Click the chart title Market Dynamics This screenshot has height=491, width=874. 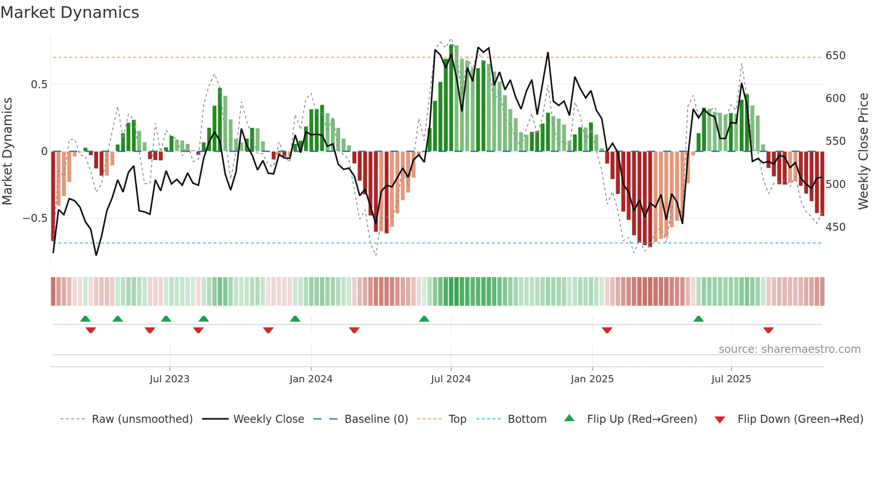[70, 12]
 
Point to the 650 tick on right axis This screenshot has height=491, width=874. [835, 56]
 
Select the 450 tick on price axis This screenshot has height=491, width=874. [835, 227]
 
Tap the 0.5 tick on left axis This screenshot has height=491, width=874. [39, 85]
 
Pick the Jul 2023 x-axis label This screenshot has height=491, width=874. [169, 379]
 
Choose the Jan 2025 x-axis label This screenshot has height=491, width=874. [592, 379]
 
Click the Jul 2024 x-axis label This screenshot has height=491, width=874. [450, 379]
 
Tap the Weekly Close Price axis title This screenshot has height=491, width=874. [863, 151]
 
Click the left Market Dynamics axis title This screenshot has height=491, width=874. [7, 151]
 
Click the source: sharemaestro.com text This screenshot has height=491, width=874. [789, 349]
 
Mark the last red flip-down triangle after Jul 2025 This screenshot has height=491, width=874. [768, 330]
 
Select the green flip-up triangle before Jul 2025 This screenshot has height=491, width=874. [698, 319]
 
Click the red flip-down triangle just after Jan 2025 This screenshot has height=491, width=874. [607, 330]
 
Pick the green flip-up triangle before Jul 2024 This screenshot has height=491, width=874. [424, 319]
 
